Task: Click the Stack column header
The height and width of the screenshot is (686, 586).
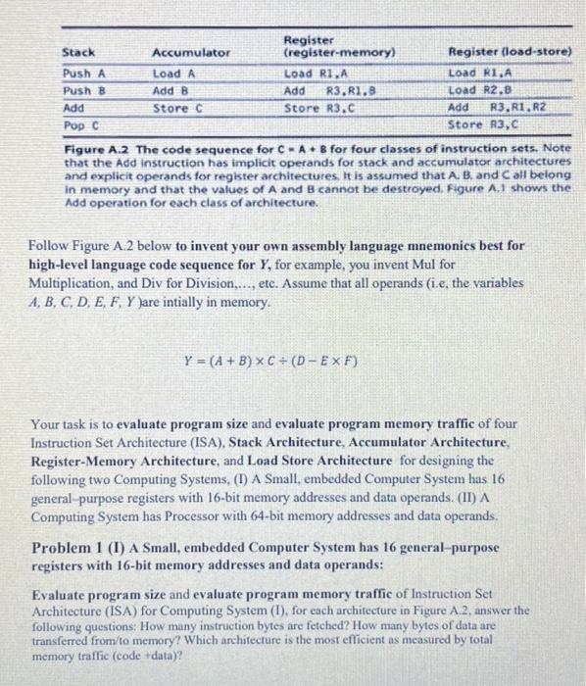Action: click(78, 52)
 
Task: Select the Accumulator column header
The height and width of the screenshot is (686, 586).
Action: click(191, 52)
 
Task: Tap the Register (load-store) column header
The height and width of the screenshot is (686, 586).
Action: click(510, 52)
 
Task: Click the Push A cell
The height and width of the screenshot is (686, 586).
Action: click(83, 73)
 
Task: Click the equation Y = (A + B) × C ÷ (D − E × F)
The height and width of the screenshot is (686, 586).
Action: click(271, 362)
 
